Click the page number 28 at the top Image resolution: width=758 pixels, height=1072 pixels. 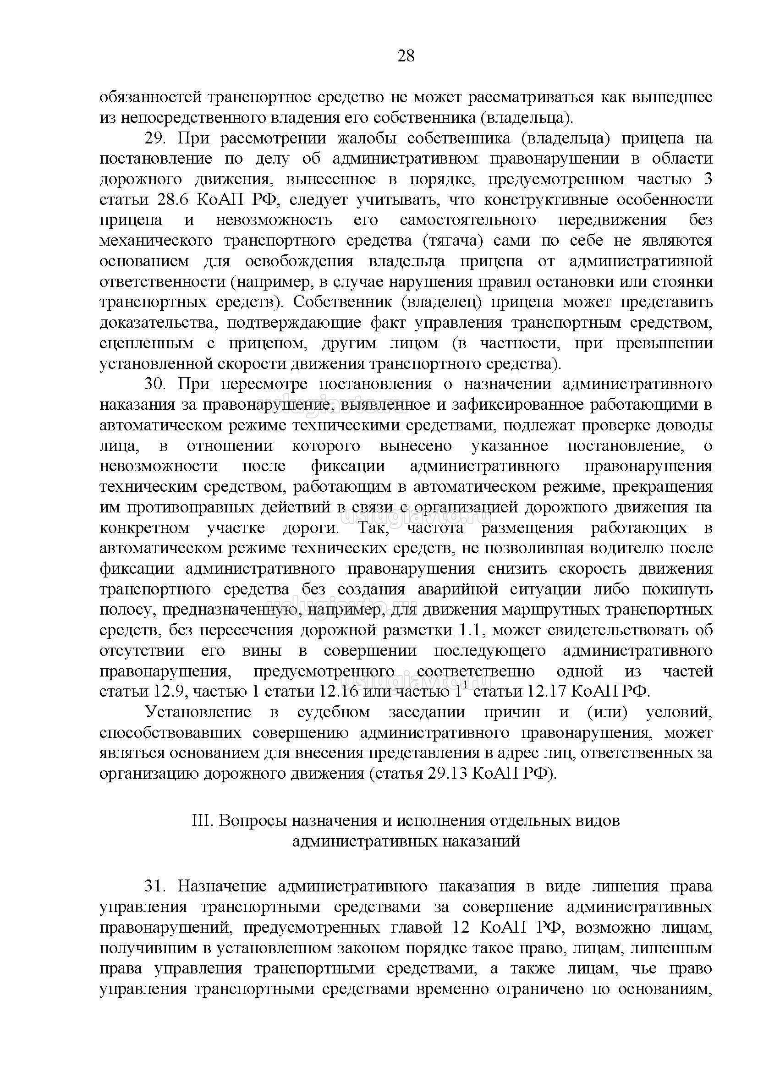pyautogui.click(x=406, y=56)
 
